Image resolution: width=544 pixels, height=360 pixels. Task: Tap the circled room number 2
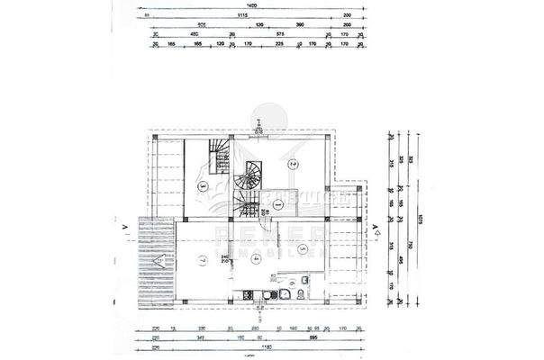click(293, 164)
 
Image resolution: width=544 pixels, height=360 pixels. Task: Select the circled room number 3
click(204, 186)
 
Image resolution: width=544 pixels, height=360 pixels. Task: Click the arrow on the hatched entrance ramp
click(159, 261)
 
